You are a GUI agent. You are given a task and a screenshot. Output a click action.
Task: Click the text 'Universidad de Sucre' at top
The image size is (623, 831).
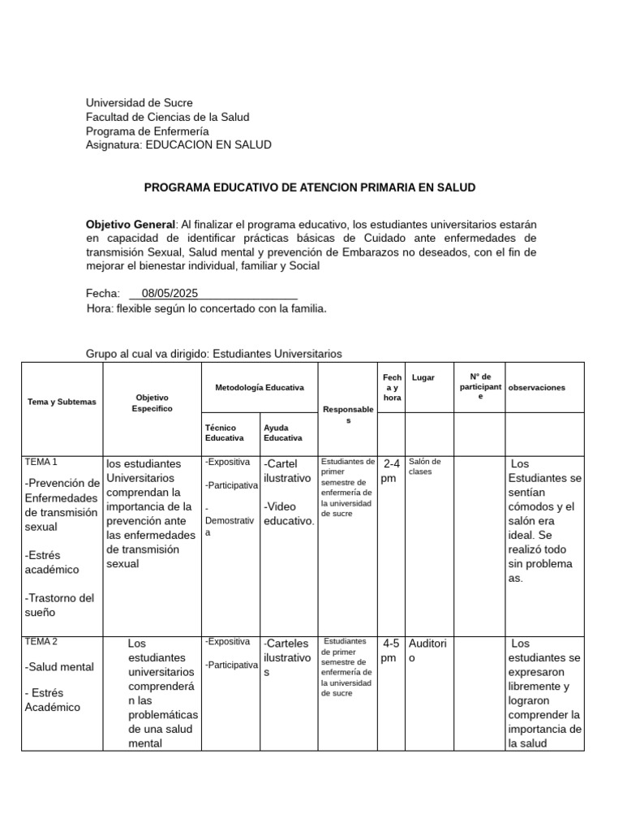(x=140, y=103)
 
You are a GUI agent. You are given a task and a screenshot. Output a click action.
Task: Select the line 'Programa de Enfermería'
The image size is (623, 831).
(x=147, y=131)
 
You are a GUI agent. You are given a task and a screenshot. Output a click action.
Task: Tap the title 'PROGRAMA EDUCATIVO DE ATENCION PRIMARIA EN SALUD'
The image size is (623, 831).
(x=310, y=187)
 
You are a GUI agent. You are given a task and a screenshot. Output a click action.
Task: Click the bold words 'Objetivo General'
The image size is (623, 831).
(x=131, y=224)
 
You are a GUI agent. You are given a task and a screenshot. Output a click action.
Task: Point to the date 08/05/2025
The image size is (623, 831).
(x=170, y=294)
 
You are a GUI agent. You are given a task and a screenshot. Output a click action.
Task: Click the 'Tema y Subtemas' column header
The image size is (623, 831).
(x=62, y=402)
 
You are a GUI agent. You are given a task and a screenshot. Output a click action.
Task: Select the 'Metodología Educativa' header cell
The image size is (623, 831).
(x=260, y=388)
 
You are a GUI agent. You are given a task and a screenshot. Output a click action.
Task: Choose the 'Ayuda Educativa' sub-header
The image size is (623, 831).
(x=282, y=433)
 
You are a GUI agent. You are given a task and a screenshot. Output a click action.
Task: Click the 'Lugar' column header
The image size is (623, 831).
(x=423, y=377)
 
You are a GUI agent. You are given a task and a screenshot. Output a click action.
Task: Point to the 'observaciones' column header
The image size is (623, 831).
(x=536, y=388)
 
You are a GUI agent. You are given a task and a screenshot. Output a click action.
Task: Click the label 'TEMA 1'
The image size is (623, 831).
(x=41, y=462)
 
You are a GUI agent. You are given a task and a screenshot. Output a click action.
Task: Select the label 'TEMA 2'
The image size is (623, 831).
(x=41, y=641)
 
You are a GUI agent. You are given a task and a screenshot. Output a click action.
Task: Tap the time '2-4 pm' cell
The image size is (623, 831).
(x=390, y=471)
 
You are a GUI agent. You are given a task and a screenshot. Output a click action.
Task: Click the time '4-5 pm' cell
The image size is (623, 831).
(x=390, y=650)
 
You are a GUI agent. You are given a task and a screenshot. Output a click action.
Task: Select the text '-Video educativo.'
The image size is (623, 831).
(x=289, y=514)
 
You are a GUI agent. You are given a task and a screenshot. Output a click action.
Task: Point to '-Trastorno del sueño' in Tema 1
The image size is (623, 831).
(x=59, y=605)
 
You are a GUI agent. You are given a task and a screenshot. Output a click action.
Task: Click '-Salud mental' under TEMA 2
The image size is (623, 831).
(x=59, y=667)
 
